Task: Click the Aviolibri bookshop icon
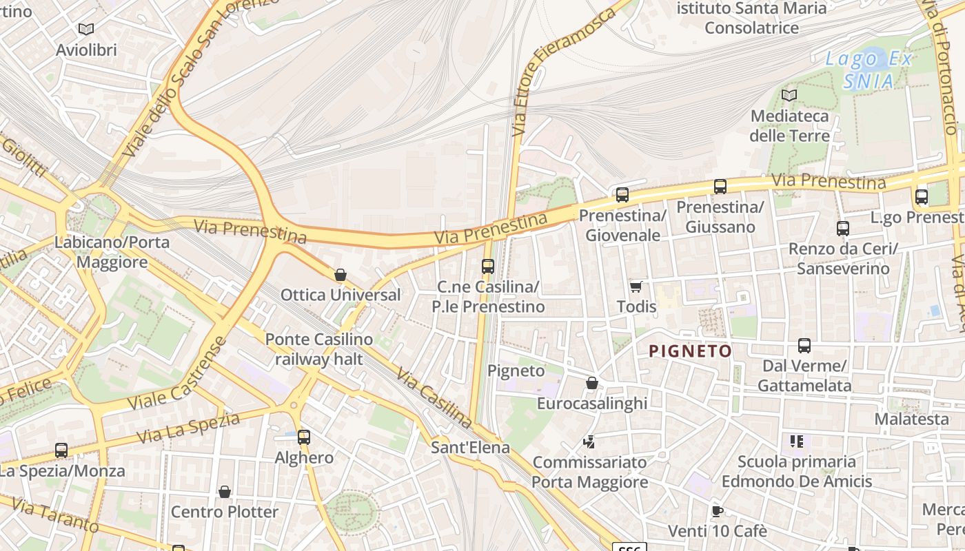[x=85, y=29]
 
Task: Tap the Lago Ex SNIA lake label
[x=869, y=70]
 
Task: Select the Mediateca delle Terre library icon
[x=789, y=95]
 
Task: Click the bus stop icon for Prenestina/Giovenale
[x=622, y=195]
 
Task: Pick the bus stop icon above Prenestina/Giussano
[x=720, y=187]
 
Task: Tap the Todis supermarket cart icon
[x=636, y=287]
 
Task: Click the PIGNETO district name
[x=690, y=351]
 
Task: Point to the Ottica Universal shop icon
[x=340, y=275]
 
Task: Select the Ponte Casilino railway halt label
[x=318, y=349]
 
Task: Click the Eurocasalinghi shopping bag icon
[x=591, y=383]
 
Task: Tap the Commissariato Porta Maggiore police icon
[x=589, y=441]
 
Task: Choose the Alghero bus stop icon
[x=304, y=437]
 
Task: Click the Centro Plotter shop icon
[x=224, y=492]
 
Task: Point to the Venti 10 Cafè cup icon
[x=717, y=511]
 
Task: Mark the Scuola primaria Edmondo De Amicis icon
[x=797, y=441]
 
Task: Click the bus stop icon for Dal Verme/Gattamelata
[x=804, y=346]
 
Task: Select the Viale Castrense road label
[x=178, y=375]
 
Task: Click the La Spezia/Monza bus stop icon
[x=61, y=450]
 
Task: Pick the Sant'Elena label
[x=470, y=447]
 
